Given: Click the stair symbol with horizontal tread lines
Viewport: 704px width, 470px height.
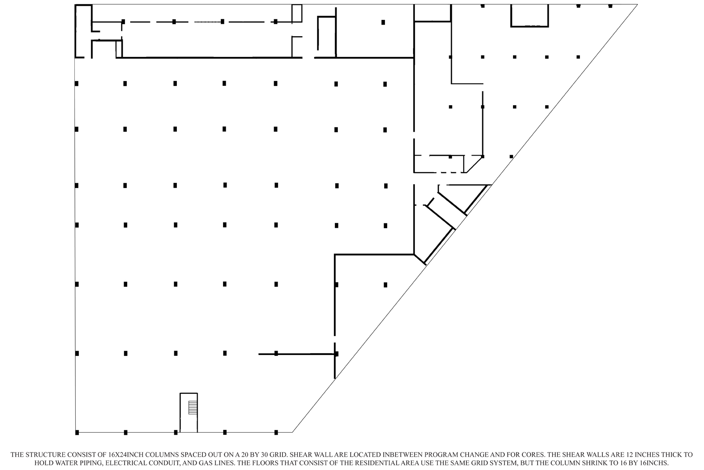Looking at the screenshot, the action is pos(193,407).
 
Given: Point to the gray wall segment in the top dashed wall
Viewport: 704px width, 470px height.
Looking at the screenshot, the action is pos(207,22).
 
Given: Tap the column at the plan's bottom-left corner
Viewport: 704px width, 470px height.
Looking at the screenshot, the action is pos(77,433).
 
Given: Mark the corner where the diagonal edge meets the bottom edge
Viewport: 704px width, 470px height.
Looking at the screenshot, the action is pos(292,432).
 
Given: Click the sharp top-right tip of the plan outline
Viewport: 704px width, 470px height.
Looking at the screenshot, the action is pos(638,4).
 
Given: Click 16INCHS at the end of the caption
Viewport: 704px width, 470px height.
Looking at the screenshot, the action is pos(656,463).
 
